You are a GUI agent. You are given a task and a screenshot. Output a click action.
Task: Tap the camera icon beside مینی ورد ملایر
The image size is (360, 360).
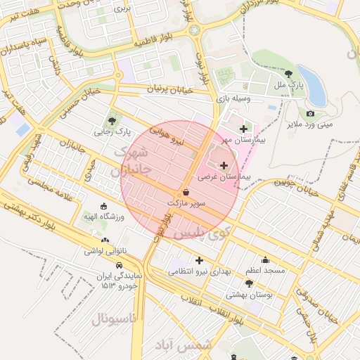coord(310,113)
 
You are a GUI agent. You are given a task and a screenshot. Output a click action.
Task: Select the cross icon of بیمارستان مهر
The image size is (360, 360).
coord(244,129)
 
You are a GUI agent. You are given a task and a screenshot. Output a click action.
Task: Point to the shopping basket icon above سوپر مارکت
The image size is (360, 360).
coord(186,191)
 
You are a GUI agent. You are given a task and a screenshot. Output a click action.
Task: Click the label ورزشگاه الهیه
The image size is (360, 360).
coord(103,217)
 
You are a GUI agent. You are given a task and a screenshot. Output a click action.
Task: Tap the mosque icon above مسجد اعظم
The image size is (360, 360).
coord(264,259)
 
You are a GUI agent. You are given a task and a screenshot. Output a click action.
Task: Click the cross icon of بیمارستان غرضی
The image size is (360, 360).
coord(224,166)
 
